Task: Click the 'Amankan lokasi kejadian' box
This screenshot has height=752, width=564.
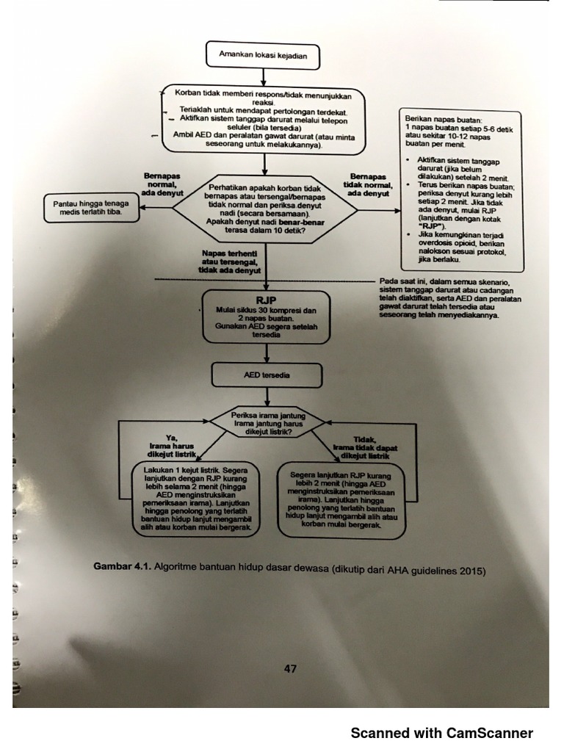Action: pos(263,54)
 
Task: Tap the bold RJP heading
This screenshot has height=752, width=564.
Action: pos(265,300)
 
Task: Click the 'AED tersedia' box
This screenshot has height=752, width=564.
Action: pos(266,375)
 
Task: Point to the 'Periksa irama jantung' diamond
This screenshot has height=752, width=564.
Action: pos(268,423)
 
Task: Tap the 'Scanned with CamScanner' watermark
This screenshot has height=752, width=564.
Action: pos(441,733)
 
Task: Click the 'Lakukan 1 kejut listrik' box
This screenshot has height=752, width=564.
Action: pos(196,499)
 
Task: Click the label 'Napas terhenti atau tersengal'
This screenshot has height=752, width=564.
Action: pos(231,261)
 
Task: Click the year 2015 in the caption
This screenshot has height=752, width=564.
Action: pos(471,570)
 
